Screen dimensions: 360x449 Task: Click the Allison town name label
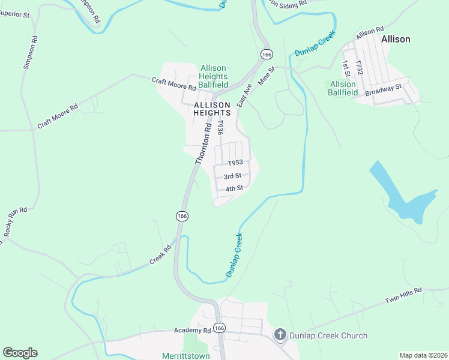(396, 39)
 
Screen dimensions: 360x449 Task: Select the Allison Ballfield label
(343, 88)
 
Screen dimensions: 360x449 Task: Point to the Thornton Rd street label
(204, 144)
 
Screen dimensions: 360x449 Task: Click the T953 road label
(235, 163)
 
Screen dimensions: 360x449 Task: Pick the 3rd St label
(232, 176)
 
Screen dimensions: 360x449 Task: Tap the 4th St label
(234, 188)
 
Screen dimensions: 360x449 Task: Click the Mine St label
(265, 75)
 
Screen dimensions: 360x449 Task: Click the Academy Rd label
(193, 330)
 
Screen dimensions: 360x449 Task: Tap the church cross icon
(280, 335)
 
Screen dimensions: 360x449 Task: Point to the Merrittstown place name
(185, 355)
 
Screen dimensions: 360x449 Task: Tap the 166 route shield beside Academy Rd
(220, 328)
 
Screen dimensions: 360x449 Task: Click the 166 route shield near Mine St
(266, 55)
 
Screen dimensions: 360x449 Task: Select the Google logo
(20, 353)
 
